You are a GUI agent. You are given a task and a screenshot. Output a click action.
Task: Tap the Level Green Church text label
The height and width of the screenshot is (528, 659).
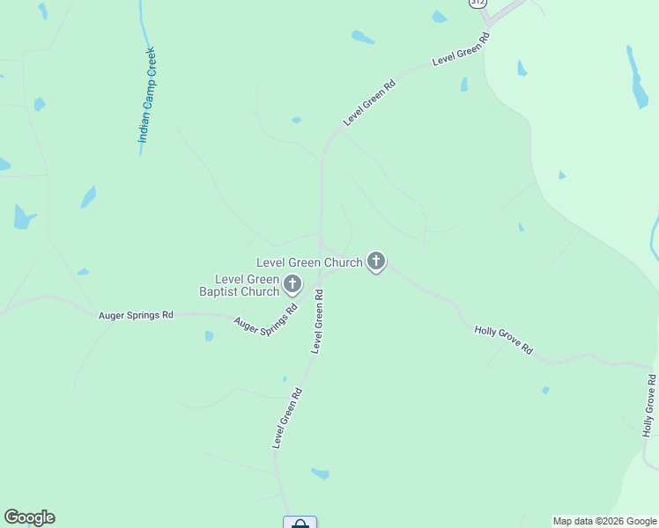(x=309, y=262)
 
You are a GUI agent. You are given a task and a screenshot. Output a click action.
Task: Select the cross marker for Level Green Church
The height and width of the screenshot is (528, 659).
(x=376, y=261)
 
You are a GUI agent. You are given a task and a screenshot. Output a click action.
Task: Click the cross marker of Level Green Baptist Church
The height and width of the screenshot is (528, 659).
(x=292, y=284)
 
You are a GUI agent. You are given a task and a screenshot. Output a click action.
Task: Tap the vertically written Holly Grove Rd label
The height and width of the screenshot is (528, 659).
(x=649, y=406)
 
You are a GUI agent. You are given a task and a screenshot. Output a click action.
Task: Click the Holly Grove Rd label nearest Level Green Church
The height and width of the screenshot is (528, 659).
(x=504, y=339)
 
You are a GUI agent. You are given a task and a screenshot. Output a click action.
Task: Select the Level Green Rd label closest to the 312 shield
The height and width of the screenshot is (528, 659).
(x=461, y=50)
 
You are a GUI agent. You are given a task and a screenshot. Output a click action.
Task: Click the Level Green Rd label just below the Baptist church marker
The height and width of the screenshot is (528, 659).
(x=318, y=323)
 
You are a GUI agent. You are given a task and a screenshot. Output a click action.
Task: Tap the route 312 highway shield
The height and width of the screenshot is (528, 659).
(x=477, y=3)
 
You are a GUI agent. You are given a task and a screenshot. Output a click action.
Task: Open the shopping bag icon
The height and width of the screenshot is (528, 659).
(x=300, y=523)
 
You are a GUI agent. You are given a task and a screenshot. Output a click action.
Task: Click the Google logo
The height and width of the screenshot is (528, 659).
(x=29, y=517)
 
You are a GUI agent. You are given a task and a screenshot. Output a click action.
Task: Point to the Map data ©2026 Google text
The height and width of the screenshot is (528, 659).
(x=604, y=521)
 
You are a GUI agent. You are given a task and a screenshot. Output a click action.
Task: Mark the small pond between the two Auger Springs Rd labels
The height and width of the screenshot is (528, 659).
(x=209, y=335)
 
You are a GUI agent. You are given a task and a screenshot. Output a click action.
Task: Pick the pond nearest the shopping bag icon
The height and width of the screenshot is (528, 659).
(x=320, y=473)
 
